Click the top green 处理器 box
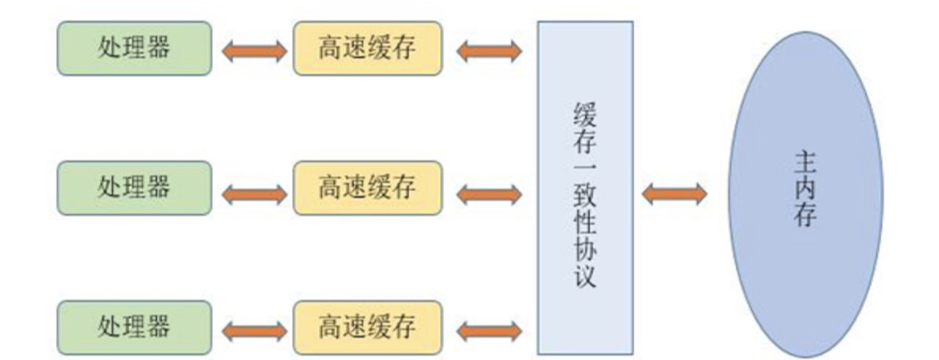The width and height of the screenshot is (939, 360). click(134, 48)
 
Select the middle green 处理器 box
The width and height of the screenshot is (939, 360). click(134, 187)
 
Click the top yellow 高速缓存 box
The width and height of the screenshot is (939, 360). click(366, 48)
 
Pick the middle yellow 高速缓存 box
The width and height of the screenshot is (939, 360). click(366, 187)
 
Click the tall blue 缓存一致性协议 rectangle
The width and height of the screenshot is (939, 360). click(585, 187)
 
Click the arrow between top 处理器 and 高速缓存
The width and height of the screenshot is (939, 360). click(253, 51)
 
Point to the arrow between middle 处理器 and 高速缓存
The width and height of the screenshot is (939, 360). click(253, 192)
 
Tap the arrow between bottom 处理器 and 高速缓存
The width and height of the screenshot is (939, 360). click(253, 330)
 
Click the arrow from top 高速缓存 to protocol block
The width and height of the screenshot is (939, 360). click(488, 51)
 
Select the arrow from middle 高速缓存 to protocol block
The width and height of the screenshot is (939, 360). click(488, 192)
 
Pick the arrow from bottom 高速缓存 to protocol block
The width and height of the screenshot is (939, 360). click(488, 330)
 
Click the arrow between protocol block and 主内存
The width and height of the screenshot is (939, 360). click(674, 193)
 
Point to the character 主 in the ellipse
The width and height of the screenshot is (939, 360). click(805, 163)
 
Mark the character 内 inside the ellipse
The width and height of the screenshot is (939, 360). click(805, 189)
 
